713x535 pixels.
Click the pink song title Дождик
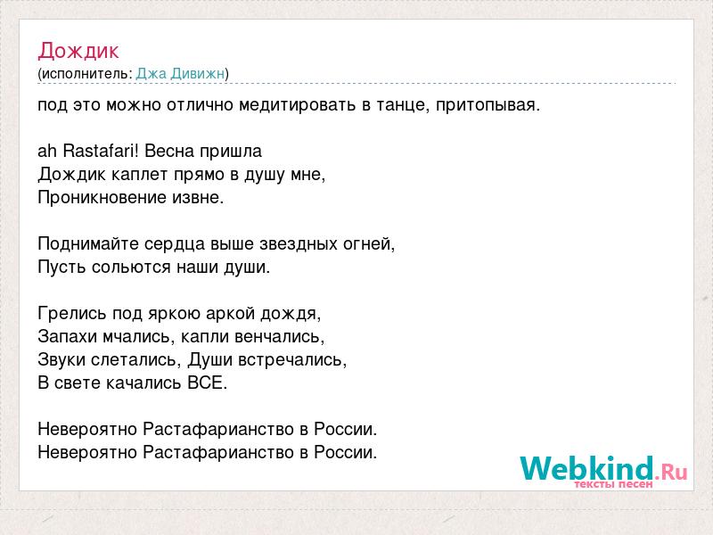point(78,52)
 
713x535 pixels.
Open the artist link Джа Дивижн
point(180,73)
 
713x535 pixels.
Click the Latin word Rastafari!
point(100,151)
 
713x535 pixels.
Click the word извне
point(196,197)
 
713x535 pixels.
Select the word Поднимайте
point(88,243)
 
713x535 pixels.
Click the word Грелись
point(72,313)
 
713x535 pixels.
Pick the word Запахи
point(68,336)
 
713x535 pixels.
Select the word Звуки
point(61,359)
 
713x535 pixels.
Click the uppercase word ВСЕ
point(205,383)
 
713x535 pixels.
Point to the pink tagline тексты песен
point(613,484)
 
